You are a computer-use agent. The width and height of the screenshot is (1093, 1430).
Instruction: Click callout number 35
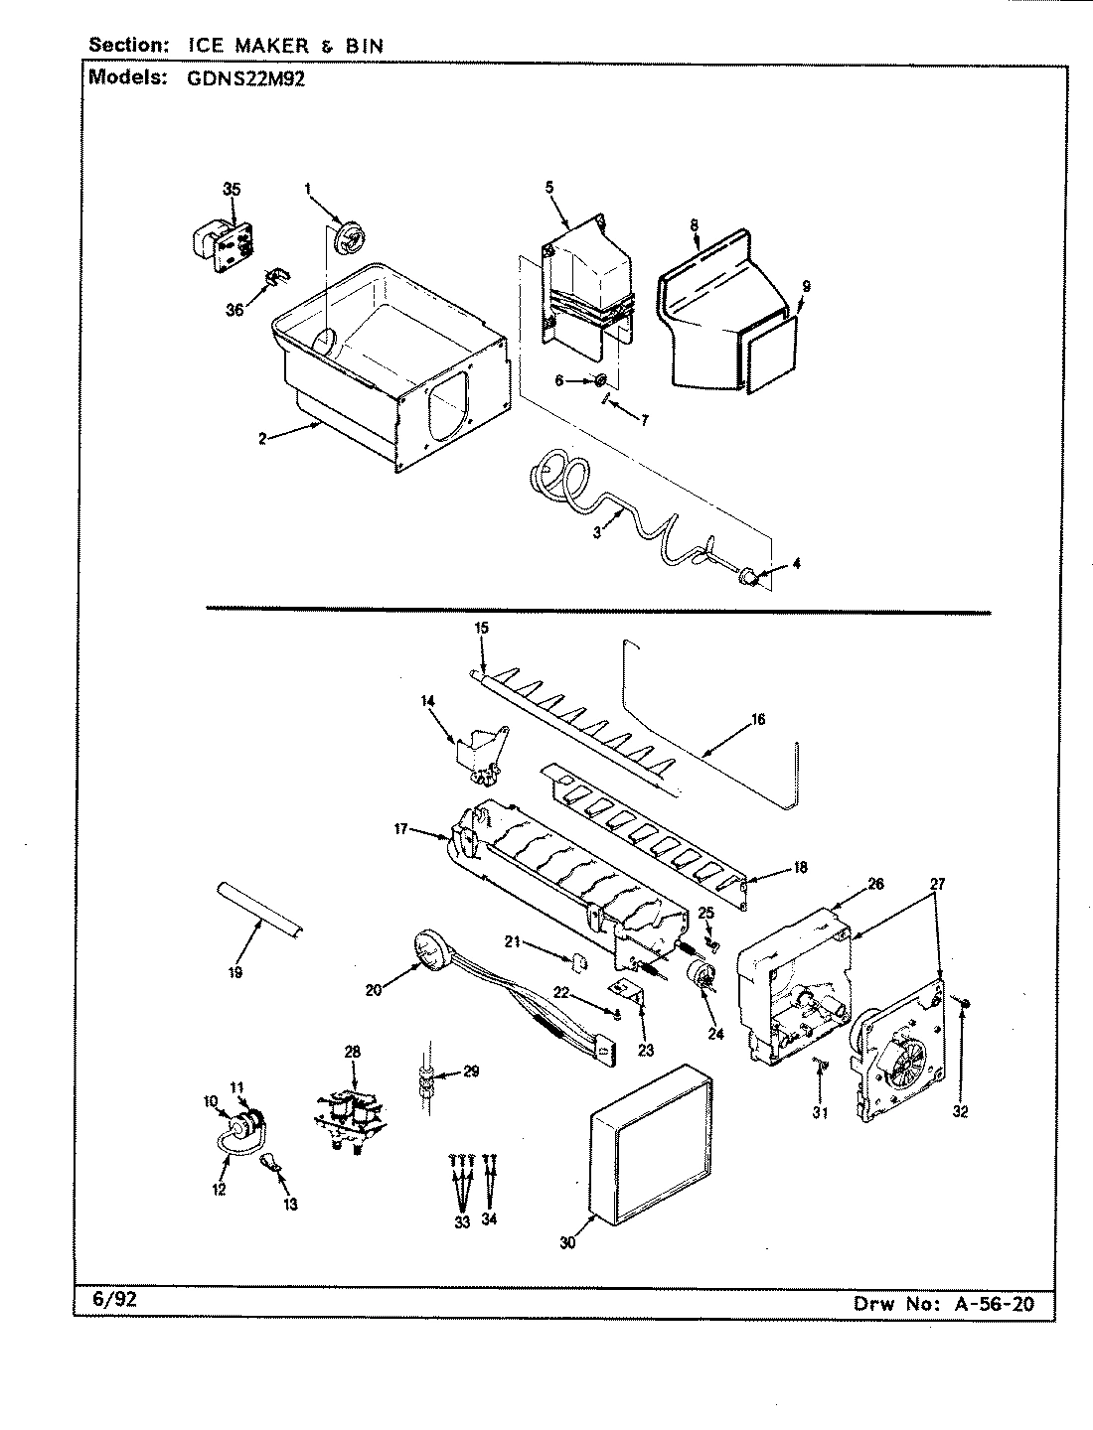pos(232,189)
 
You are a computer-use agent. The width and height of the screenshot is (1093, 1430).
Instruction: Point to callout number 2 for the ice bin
pos(262,439)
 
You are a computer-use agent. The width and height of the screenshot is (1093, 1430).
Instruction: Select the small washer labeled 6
pos(602,380)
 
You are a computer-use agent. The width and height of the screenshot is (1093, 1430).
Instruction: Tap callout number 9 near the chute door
pos(806,287)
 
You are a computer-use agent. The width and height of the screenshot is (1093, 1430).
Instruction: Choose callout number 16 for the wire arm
pos(758,719)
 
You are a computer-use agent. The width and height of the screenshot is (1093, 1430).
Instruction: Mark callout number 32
pos(959,1112)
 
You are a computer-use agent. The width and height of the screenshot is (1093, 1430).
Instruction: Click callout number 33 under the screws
pos(462,1222)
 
